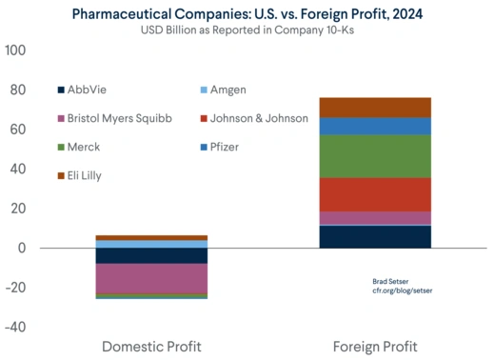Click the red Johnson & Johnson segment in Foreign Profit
pyautogui.click(x=375, y=194)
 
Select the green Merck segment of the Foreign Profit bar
pyautogui.click(x=375, y=156)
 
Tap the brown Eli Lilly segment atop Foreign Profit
pyautogui.click(x=375, y=107)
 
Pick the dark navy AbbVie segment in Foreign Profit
pyautogui.click(x=375, y=236)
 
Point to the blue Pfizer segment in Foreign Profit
pyautogui.click(x=375, y=126)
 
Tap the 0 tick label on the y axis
pyautogui.click(x=21, y=249)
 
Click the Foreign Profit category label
pyautogui.click(x=375, y=345)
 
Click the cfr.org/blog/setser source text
pyautogui.click(x=402, y=290)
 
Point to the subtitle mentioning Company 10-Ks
pyautogui.click(x=247, y=29)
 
